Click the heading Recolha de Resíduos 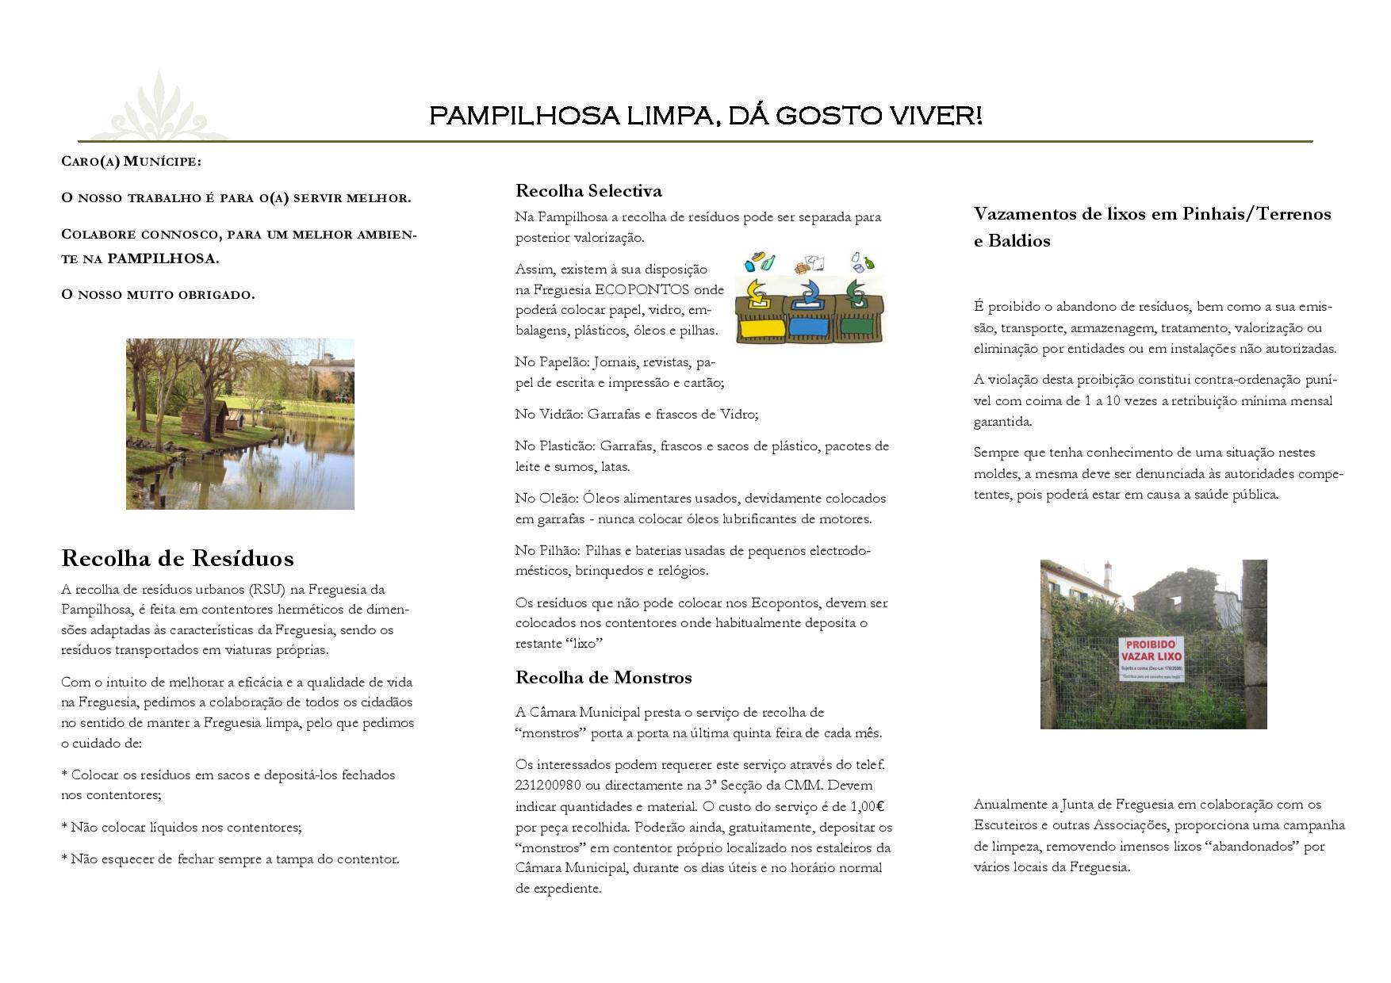tap(177, 558)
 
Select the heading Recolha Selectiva tap(588, 190)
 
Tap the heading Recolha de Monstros tap(604, 677)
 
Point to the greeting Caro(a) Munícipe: tap(131, 162)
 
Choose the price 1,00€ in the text tap(867, 806)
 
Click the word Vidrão tap(560, 414)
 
